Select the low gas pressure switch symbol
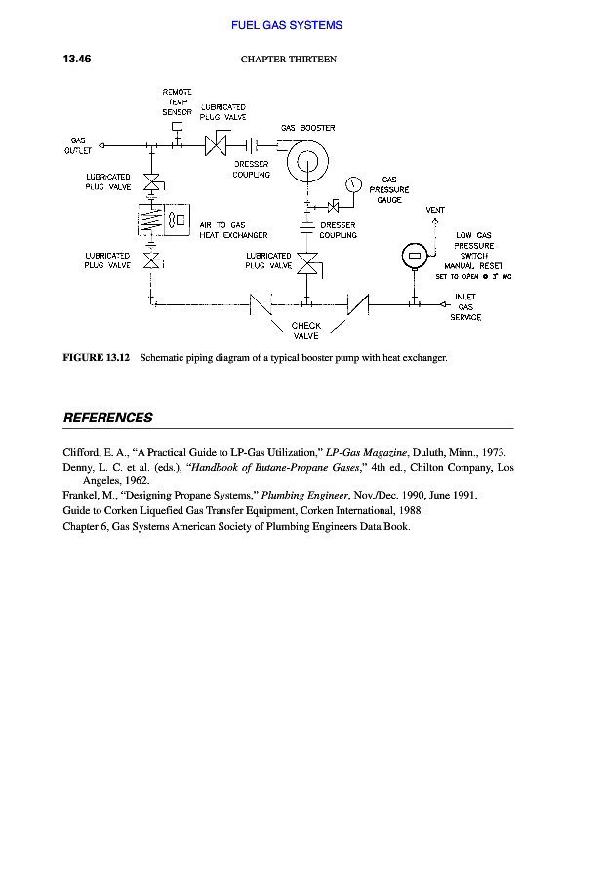pyautogui.click(x=415, y=256)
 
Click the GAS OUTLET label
pyautogui.click(x=77, y=145)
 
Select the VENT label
pyautogui.click(x=435, y=210)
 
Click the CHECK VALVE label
pyautogui.click(x=306, y=330)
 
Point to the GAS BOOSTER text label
pyautogui.click(x=307, y=128)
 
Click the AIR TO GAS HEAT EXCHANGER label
pyautogui.click(x=232, y=230)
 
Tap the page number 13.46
pyautogui.click(x=77, y=59)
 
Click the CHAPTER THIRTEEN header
pyautogui.click(x=288, y=60)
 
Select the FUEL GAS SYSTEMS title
pyautogui.click(x=287, y=25)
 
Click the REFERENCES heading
pyautogui.click(x=107, y=418)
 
